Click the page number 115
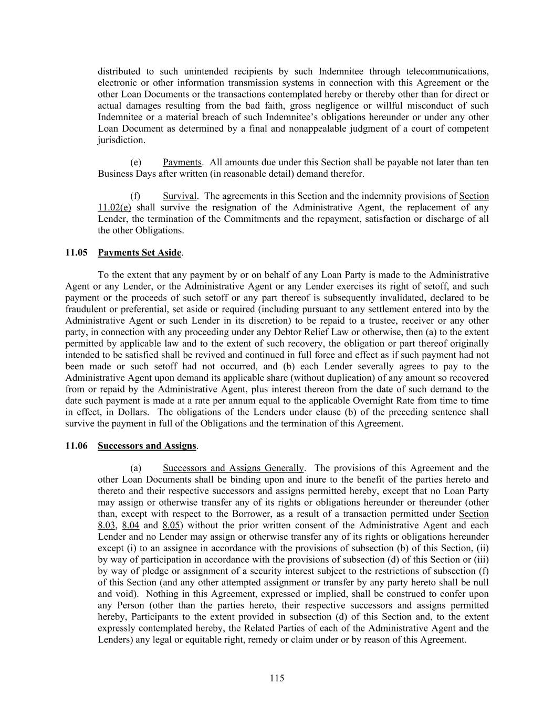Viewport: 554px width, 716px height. click(277, 678)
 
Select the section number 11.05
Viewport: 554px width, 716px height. click(76, 253)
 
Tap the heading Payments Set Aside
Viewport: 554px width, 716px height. click(140, 253)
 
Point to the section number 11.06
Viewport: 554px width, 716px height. click(76, 446)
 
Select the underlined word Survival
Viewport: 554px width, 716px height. click(180, 196)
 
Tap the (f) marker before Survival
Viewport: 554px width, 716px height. click(135, 196)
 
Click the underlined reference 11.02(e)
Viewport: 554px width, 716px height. click(114, 208)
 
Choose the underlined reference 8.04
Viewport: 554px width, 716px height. click(130, 526)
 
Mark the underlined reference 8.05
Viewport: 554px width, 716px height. click(171, 526)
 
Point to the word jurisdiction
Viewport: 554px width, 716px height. click(121, 140)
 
